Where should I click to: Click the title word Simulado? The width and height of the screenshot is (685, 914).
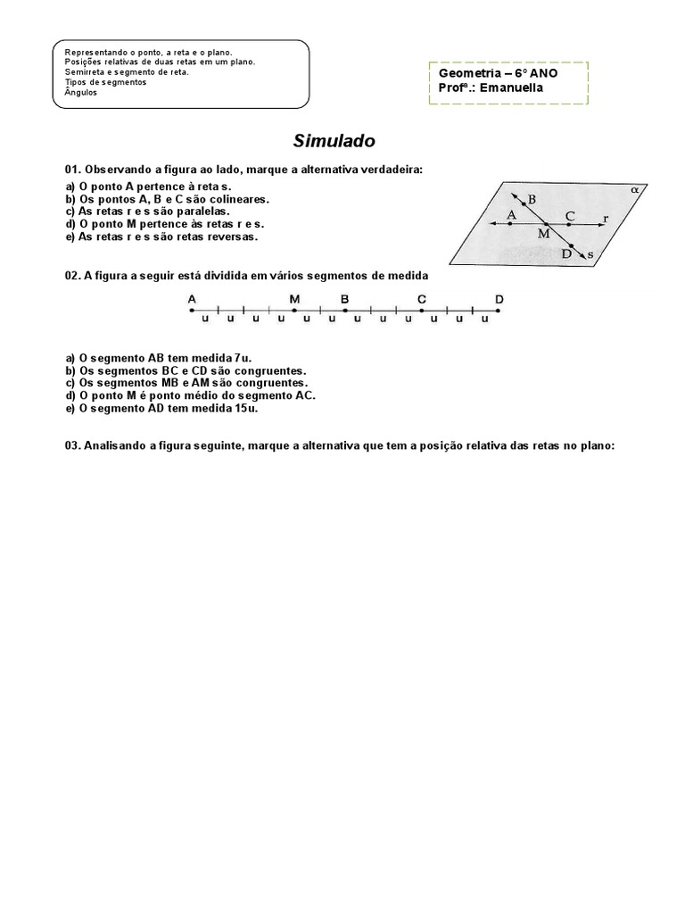[x=334, y=141]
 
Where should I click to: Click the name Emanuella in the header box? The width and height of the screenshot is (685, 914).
[x=512, y=87]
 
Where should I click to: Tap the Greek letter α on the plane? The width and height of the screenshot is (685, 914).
[x=634, y=189]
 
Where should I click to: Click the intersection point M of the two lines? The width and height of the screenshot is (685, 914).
[x=547, y=223]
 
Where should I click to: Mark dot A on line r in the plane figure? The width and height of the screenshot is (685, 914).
[x=510, y=223]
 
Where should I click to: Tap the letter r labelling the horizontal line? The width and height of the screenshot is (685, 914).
[x=606, y=218]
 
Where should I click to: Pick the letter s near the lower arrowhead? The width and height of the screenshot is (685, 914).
[x=590, y=255]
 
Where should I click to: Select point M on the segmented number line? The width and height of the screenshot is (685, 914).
[x=294, y=310]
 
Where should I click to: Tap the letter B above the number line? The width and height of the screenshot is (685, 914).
[x=344, y=299]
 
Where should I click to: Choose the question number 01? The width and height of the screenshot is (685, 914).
[x=72, y=170]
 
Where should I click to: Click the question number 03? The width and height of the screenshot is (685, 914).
[x=72, y=446]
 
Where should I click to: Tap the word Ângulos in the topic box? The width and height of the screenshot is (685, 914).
[x=81, y=91]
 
